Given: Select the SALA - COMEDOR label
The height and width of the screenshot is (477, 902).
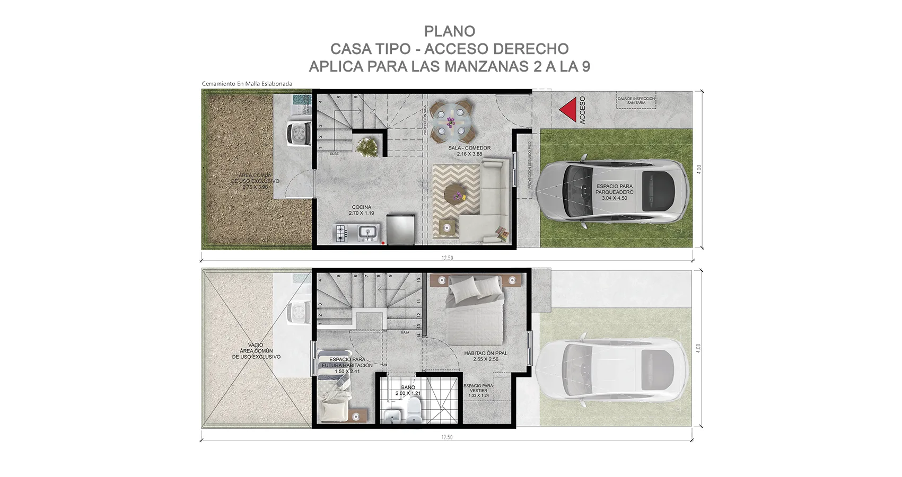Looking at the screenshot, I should [469, 151].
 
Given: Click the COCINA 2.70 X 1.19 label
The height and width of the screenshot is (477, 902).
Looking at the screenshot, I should [361, 210].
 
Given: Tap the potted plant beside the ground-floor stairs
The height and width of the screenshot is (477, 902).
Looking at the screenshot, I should [366, 146].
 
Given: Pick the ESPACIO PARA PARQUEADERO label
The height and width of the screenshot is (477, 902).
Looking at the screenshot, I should [615, 192].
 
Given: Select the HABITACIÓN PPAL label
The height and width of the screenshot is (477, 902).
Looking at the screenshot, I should [486, 356].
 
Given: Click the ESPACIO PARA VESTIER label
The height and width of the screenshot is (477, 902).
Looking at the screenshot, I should [478, 391].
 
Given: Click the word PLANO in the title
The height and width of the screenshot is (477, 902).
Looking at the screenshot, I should [450, 32].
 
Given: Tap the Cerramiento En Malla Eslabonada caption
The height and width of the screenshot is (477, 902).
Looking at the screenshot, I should [247, 84].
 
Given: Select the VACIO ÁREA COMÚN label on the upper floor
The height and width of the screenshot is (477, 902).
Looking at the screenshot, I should [256, 351].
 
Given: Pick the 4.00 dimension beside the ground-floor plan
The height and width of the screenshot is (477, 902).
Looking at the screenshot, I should [699, 170].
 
